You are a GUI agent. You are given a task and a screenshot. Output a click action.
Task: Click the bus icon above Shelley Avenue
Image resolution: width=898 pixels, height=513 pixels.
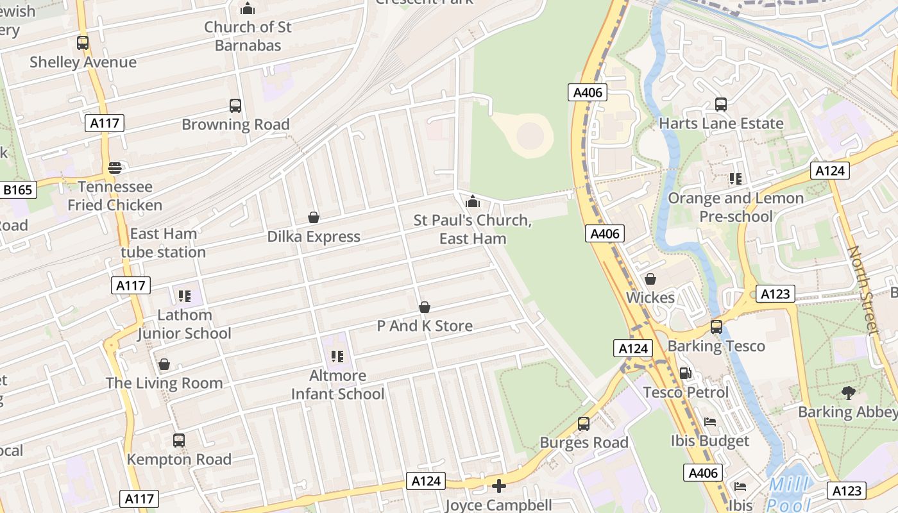pos(83,43)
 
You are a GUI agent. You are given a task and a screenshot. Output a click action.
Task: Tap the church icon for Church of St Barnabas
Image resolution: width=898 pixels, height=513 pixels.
pos(248,9)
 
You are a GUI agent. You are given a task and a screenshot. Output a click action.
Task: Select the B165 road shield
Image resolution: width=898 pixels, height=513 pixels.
pos(19,190)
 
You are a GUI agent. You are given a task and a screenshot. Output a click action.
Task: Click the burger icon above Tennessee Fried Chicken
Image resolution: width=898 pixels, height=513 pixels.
pos(115,168)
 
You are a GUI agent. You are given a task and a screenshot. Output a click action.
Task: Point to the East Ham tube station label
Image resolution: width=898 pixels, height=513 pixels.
pos(164,243)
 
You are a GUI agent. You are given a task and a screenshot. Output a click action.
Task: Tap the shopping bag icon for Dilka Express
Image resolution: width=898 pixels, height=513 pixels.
pos(314,217)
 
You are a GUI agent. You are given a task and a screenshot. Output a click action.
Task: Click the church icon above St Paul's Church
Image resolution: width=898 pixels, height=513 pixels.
pos(473,202)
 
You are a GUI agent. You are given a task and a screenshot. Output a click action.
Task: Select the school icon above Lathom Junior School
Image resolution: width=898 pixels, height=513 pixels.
pos(185,296)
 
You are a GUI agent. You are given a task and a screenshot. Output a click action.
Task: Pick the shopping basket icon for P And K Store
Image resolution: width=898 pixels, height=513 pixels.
pos(424,307)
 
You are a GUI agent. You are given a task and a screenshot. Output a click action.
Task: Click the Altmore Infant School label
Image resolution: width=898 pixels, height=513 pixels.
pos(338,384)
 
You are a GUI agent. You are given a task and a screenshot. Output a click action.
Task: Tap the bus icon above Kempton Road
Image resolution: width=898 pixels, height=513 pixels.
pos(179,441)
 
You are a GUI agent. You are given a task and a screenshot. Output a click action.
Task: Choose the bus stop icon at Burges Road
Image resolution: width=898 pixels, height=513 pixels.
pos(584,424)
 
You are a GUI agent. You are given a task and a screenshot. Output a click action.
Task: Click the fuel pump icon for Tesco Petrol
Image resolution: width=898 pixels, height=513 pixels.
pos(685,373)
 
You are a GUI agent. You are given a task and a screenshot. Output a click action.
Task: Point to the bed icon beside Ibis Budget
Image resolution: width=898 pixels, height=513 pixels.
pos(710,422)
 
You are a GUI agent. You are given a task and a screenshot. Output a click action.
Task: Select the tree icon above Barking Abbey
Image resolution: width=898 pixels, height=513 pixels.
pos(848,392)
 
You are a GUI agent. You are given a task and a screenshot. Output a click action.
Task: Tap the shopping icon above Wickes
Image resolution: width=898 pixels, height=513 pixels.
pos(650,279)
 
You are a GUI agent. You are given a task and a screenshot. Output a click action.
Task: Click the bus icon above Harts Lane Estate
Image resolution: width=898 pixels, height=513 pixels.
pos(721,105)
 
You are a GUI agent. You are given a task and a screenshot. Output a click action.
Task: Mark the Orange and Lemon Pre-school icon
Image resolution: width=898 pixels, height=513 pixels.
pos(736,179)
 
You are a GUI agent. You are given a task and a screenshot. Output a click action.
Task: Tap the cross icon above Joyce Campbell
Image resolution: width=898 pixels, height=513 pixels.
pos(498,486)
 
